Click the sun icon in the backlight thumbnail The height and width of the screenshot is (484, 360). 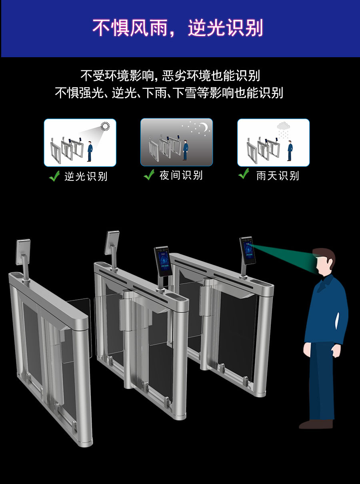pos(105,127)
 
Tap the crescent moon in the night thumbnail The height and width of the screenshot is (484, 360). pos(204,127)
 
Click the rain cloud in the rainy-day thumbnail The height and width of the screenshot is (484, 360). pos(283,126)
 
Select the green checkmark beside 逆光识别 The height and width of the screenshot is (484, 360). pos(54,176)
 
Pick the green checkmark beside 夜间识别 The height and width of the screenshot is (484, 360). pos(149,175)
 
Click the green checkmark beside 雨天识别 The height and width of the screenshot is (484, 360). pos(244,174)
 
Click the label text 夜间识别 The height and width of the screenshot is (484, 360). pos(181,175)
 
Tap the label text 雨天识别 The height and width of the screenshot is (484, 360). pos(278,176)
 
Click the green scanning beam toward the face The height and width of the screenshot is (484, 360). pos(286,256)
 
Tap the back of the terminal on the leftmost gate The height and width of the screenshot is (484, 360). pos(23,251)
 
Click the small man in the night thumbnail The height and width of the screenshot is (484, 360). pos(185,150)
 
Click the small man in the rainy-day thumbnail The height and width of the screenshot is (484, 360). pos(290,151)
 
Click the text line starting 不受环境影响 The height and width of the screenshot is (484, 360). pos(170,75)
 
